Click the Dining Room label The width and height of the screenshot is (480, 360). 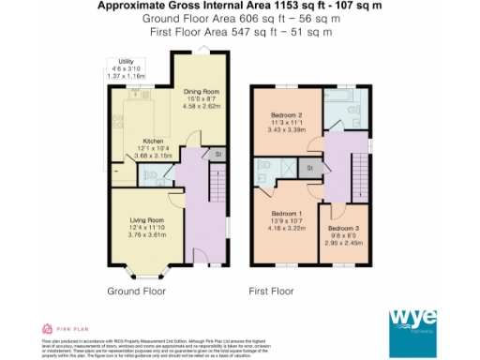201,91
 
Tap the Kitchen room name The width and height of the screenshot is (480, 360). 153,142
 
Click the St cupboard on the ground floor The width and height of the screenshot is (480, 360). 217,154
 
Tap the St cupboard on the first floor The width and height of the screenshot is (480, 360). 308,169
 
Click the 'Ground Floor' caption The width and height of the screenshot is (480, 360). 137,292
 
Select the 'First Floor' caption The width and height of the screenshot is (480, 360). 274,292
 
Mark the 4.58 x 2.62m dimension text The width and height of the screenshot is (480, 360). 201,107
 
